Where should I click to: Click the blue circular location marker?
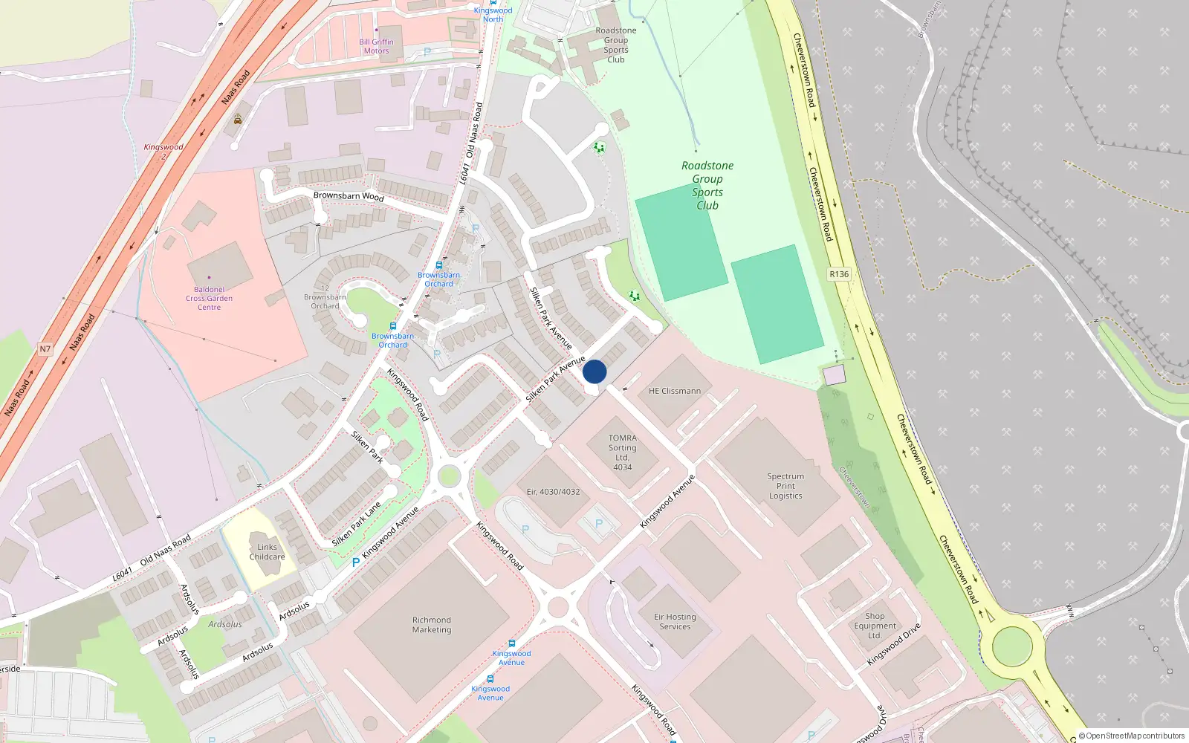(594, 371)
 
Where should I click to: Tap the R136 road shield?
(839, 274)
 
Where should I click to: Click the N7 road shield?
(45, 348)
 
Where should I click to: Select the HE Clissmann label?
(674, 391)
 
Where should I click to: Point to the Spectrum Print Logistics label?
(785, 486)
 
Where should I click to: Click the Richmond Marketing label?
(432, 625)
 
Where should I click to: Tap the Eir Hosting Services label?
(675, 622)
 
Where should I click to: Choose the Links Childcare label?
(267, 552)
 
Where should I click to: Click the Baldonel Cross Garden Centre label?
(209, 299)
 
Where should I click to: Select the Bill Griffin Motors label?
(376, 47)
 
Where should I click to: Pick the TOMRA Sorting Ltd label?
(623, 452)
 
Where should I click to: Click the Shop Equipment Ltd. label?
(875, 626)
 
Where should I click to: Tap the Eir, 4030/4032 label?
(553, 492)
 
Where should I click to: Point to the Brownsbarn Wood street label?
(349, 196)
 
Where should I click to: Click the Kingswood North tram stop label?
(493, 14)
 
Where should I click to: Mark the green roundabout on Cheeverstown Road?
(1012, 646)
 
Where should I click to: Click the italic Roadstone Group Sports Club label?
(707, 185)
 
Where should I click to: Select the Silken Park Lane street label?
(356, 525)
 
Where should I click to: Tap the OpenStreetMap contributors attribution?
(1131, 736)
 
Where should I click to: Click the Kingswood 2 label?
(163, 152)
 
